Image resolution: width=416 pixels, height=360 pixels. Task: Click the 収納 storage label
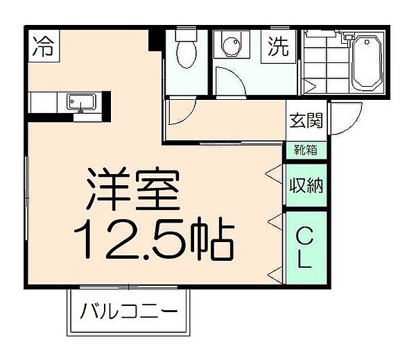[305, 185]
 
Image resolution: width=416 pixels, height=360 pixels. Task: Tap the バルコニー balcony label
[127, 310]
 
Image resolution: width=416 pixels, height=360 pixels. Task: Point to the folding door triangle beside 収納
[275, 173]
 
